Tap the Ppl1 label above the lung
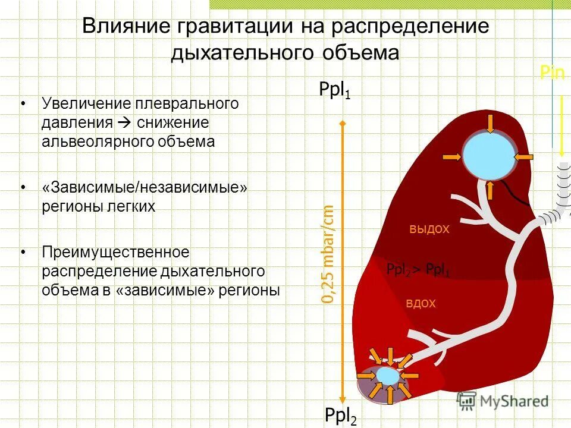coord(335,90)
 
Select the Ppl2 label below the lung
coord(340,416)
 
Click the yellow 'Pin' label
coord(552,73)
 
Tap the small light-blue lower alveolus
coord(387,376)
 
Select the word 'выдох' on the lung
coord(429,229)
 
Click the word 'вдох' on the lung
coord(421,303)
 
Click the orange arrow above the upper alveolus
coord(489,122)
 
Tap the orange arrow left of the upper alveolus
coord(451,156)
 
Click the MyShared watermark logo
coord(503,400)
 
